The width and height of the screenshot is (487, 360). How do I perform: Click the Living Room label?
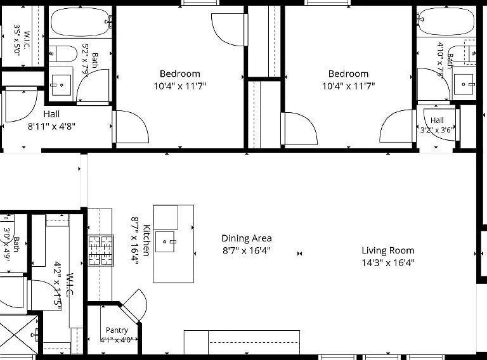point(388,250)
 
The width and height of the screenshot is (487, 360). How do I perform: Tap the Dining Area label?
point(247,238)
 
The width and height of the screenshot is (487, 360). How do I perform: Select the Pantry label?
point(117,330)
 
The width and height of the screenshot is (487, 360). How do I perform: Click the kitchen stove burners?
point(101,250)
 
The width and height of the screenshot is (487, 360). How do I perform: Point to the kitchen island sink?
point(165,241)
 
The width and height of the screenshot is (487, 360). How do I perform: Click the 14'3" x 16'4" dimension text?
point(388,263)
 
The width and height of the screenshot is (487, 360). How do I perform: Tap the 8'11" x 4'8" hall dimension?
point(51,127)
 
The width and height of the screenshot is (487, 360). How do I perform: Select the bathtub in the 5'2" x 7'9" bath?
point(81,22)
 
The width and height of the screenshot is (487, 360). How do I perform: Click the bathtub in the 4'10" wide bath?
point(446,22)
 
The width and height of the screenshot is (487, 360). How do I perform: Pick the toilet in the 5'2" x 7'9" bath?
point(63,54)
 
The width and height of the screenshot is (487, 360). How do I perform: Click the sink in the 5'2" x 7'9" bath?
point(61,85)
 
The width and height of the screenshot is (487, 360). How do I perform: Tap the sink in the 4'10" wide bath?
point(465,84)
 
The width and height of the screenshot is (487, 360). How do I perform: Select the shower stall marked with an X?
point(18,335)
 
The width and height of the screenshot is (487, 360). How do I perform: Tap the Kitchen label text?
point(146,240)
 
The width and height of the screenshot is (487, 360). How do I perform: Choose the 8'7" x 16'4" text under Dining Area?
point(247,250)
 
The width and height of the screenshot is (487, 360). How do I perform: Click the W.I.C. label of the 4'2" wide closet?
point(70,285)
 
